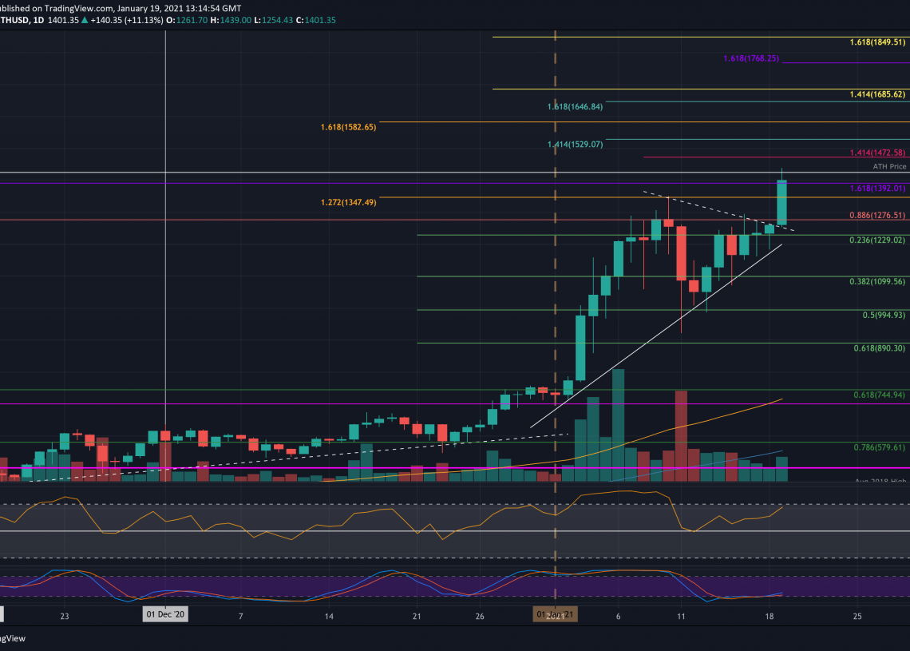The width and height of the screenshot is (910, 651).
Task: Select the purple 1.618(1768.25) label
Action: [750, 58]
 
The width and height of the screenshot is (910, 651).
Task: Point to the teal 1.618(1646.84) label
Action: [574, 106]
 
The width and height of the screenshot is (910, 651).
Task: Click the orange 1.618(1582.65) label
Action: [348, 127]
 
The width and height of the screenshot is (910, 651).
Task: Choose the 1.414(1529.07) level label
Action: [574, 144]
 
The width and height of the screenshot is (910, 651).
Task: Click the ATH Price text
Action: [890, 167]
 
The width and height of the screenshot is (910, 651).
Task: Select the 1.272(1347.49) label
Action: [348, 202]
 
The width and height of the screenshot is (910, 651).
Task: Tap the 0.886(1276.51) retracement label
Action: [877, 215]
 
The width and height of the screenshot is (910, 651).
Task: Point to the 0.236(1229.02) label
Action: [877, 240]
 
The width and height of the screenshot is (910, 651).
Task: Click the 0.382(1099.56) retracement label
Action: [877, 281]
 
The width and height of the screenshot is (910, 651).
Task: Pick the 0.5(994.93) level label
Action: [882, 315]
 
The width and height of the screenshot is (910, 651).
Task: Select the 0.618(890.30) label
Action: [877, 348]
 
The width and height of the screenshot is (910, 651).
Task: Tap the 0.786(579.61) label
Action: [877, 447]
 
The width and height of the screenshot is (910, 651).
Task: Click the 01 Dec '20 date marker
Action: [165, 615]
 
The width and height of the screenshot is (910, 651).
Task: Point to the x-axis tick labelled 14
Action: [329, 617]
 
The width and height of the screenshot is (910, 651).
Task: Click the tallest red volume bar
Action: [681, 435]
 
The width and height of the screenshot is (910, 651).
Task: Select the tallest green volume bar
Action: [618, 425]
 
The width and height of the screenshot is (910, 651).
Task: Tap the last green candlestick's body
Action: [782, 203]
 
